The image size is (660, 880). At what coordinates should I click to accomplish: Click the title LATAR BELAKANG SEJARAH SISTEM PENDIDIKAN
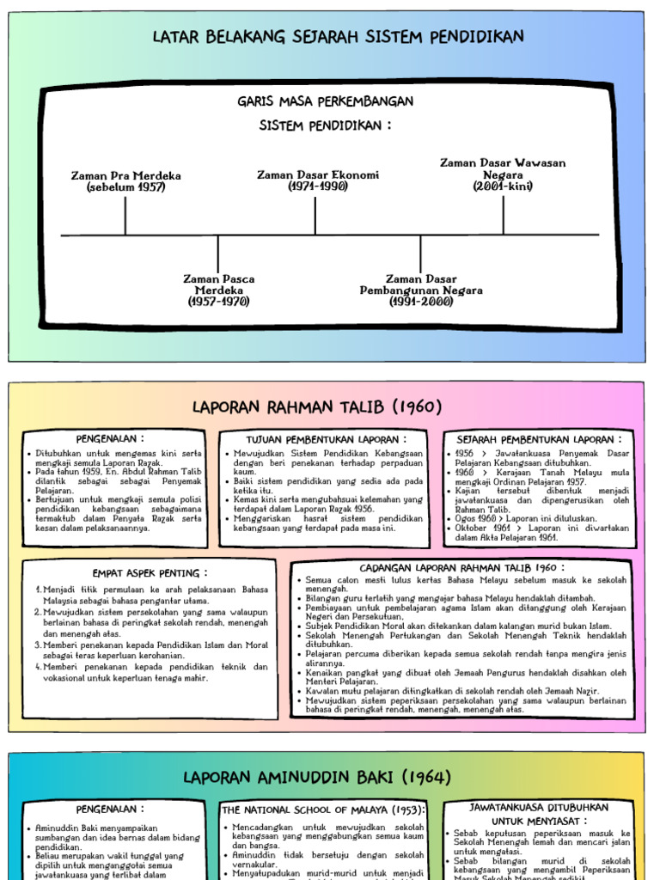tap(338, 37)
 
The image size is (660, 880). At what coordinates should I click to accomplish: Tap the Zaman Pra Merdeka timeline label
tap(126, 181)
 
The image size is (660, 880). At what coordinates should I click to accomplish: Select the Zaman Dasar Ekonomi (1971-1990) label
tap(318, 180)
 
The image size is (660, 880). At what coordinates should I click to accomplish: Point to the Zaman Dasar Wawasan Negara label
tap(503, 174)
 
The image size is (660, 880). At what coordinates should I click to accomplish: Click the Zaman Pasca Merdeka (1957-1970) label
tap(219, 290)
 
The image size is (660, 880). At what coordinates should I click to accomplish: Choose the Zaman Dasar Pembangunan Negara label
tap(421, 290)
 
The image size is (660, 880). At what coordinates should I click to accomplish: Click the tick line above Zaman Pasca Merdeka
tap(217, 254)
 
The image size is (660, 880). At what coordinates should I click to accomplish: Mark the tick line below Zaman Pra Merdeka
tap(125, 215)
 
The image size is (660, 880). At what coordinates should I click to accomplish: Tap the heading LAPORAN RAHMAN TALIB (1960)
tap(317, 406)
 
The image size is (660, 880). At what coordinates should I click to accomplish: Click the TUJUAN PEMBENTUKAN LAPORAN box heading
tap(327, 439)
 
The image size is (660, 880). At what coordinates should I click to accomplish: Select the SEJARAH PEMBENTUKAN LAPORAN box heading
tap(539, 439)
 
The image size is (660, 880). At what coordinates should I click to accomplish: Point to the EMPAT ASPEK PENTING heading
tap(150, 573)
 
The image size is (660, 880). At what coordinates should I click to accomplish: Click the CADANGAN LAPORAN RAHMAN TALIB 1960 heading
tap(461, 568)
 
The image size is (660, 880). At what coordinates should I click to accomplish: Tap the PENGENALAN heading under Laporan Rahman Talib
tap(110, 438)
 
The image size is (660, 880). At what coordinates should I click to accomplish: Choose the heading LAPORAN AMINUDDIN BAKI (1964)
tap(317, 777)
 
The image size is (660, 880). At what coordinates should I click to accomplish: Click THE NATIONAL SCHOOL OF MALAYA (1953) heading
tap(323, 810)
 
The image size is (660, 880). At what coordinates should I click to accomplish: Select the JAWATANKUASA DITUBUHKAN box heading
tap(539, 808)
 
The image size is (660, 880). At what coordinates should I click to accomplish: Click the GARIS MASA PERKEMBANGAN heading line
tap(326, 101)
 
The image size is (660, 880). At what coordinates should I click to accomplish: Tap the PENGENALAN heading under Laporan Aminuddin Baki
tap(110, 809)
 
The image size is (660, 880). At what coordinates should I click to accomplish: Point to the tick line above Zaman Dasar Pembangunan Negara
tap(420, 254)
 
